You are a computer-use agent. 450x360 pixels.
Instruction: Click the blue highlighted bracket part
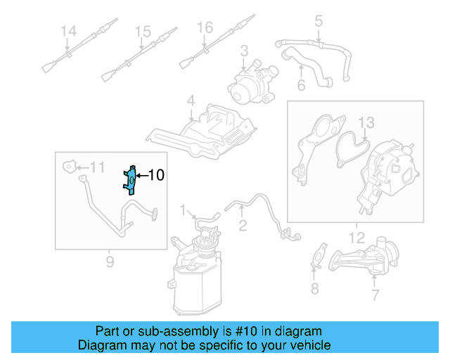pyautogui.click(x=130, y=179)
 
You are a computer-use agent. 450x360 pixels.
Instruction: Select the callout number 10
pyautogui.click(x=156, y=175)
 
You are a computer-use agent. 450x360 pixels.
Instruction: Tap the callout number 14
pyautogui.click(x=67, y=31)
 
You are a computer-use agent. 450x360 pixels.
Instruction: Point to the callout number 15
pyautogui.click(x=143, y=31)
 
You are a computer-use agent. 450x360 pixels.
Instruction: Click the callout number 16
pyautogui.click(x=204, y=27)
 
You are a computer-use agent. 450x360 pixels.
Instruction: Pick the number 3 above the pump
pyautogui.click(x=244, y=51)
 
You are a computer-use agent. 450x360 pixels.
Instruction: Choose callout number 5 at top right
pyautogui.click(x=318, y=21)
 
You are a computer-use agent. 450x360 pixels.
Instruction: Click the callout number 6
pyautogui.click(x=300, y=86)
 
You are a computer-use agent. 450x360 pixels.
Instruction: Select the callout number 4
pyautogui.click(x=190, y=103)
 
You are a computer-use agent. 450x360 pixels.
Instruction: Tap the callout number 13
pyautogui.click(x=367, y=124)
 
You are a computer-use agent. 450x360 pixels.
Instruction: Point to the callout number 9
pyautogui.click(x=110, y=263)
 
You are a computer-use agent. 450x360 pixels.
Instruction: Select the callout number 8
pyautogui.click(x=314, y=288)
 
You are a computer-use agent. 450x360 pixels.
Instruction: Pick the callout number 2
pyautogui.click(x=242, y=226)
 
